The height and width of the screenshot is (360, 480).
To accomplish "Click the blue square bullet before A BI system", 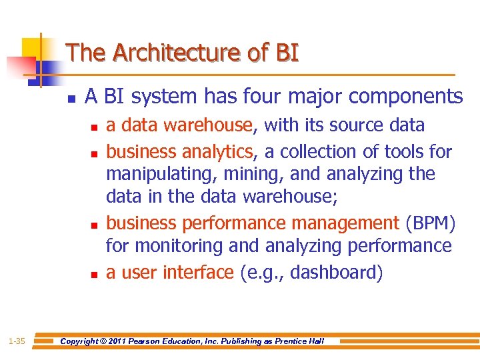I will tap(71, 99).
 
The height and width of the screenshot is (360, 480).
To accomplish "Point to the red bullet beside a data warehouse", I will tap(93, 127).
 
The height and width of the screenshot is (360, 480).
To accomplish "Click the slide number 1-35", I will tap(17, 341).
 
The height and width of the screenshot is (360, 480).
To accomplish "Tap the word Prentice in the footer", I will tap(290, 341).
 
